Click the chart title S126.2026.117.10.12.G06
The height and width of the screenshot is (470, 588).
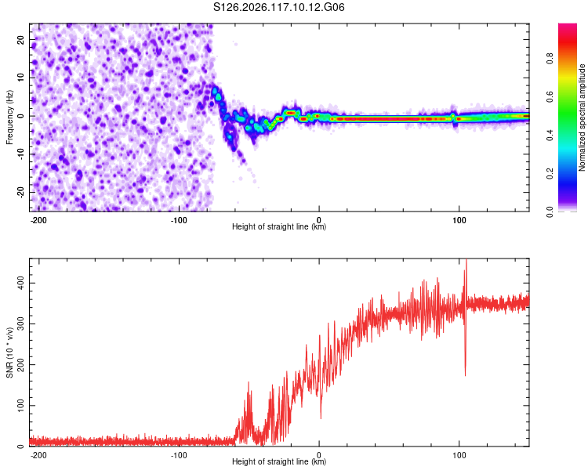(278, 7)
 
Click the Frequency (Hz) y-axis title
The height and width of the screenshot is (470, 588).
(9, 117)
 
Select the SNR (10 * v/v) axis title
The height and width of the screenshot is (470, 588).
(9, 352)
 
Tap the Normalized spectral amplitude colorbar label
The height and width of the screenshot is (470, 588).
(582, 117)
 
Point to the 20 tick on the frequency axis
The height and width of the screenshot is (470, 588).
(20, 39)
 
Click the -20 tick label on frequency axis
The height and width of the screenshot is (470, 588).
(20, 192)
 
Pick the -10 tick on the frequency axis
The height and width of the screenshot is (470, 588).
(20, 154)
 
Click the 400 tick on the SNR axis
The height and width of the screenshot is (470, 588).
(20, 283)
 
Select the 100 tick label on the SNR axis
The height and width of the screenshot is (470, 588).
(20, 406)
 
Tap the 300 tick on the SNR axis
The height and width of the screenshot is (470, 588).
(20, 324)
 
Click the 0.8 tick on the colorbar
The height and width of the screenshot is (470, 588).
(550, 59)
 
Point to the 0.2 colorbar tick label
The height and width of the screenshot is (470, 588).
(550, 174)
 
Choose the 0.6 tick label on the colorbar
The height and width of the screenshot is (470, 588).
(550, 96)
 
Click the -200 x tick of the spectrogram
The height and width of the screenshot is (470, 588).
(38, 220)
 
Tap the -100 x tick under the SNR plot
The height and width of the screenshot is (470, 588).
(179, 455)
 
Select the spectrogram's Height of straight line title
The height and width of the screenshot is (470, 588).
(279, 226)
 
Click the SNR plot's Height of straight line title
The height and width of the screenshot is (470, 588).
(279, 461)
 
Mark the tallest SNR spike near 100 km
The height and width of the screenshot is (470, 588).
(466, 260)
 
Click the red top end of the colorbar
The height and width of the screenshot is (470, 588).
(568, 24)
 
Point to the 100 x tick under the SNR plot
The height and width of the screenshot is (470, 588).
(459, 455)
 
